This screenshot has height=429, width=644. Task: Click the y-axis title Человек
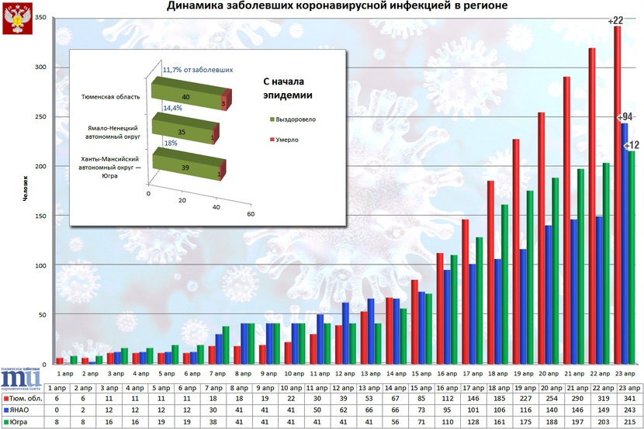pyautogui.click(x=25, y=191)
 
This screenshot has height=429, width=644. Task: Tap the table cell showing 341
pyautogui.click(x=628, y=399)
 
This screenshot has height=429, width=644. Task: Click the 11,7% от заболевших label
pyautogui.click(x=198, y=70)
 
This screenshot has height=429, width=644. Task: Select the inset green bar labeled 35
pyautogui.click(x=182, y=132)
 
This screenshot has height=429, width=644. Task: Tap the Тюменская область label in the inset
pyautogui.click(x=111, y=97)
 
